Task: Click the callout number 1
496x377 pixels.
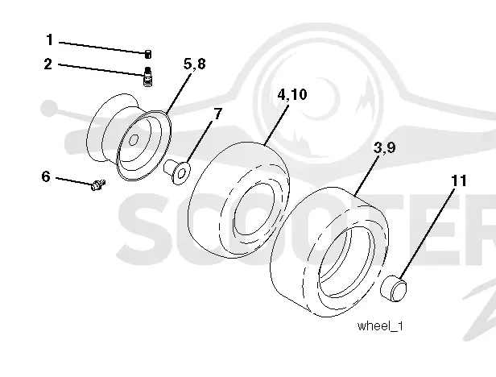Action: click(50, 40)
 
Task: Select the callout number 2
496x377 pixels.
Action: click(48, 64)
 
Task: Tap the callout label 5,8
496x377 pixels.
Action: click(195, 64)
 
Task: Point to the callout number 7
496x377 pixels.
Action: click(217, 114)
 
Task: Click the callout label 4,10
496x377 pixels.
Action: click(292, 94)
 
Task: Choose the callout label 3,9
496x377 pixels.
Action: click(384, 147)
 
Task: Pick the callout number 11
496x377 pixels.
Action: click(459, 180)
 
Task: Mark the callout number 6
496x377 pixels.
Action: click(46, 176)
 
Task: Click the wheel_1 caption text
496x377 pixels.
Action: click(380, 325)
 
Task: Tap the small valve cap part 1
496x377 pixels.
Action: click(148, 54)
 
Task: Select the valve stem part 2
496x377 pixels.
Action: click(147, 76)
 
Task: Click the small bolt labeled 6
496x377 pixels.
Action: click(98, 184)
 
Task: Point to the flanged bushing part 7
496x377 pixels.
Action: click(177, 172)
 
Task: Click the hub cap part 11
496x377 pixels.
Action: click(394, 288)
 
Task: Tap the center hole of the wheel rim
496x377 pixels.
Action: click(134, 139)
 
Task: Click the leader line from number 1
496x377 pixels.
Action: click(102, 48)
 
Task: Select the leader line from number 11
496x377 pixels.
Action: click(428, 234)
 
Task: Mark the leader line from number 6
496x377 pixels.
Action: click(75, 180)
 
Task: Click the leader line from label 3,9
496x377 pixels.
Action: click(366, 175)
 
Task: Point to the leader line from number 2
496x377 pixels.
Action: click(101, 69)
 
